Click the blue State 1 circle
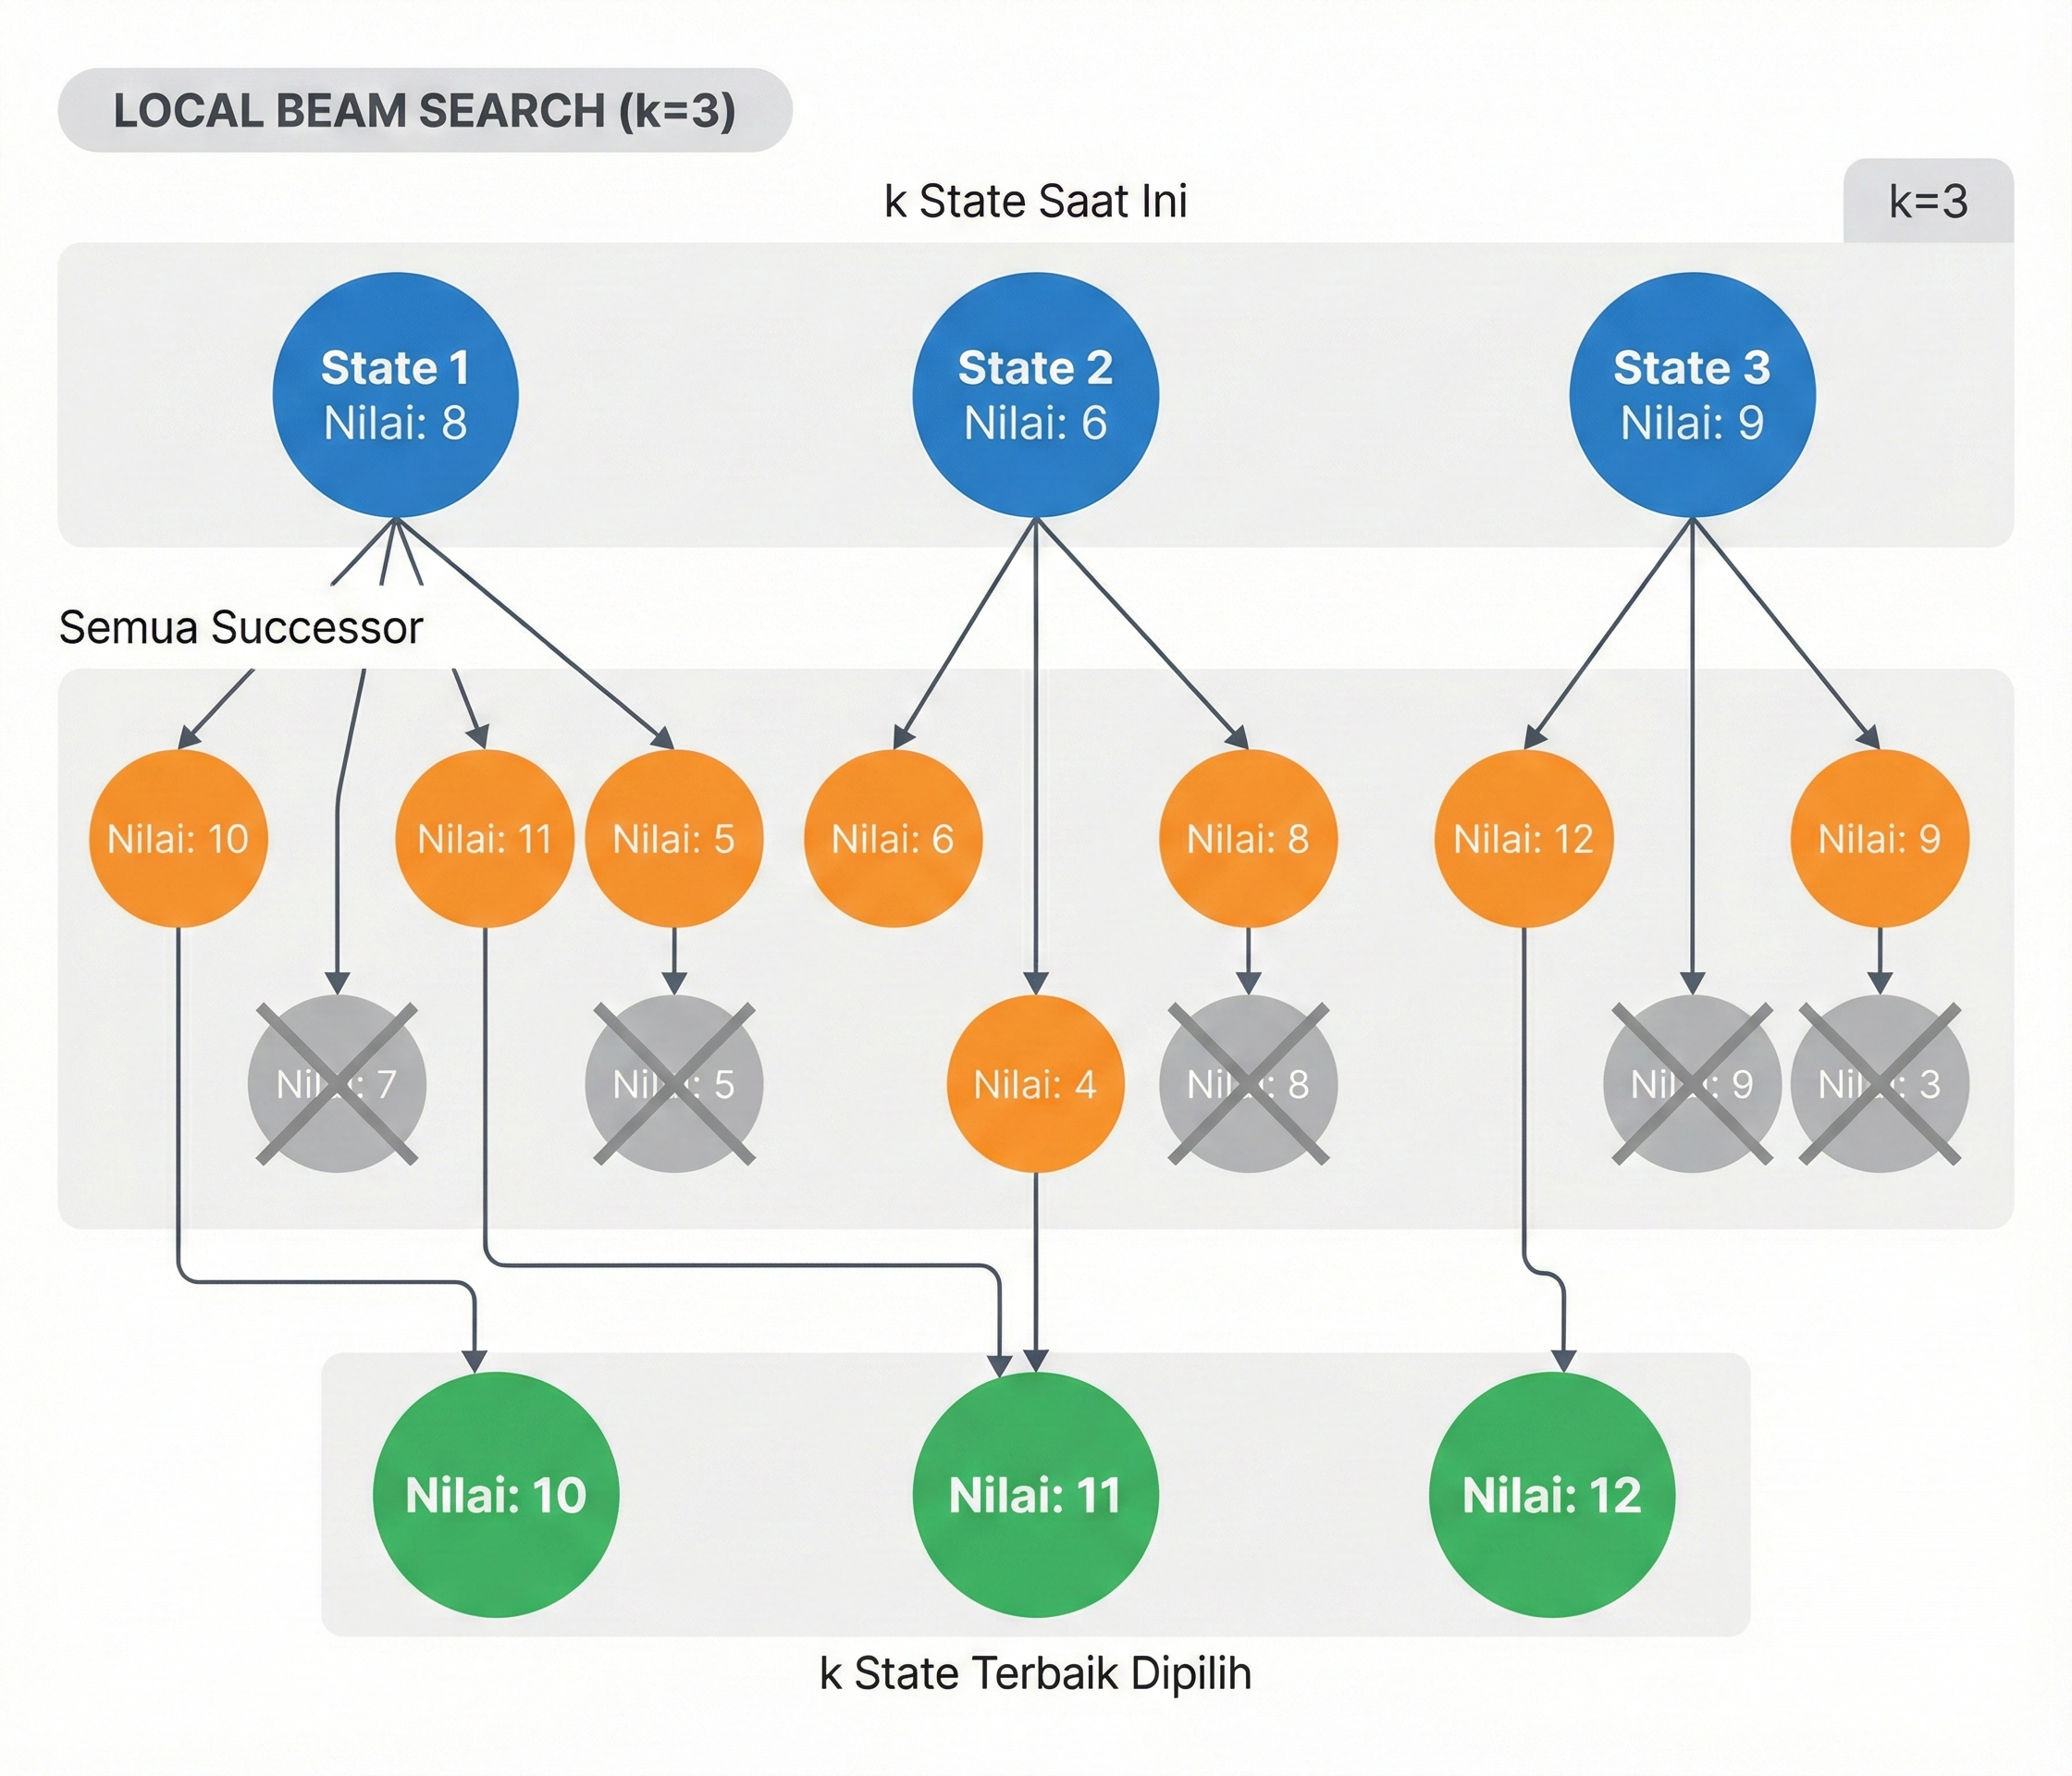pos(395,395)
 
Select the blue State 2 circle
pos(1035,395)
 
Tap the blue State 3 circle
pos(1692,395)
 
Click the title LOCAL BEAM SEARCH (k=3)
pos(425,110)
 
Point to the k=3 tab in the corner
pos(1928,201)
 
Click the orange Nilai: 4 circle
pos(1035,1084)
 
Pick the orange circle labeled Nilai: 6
pos(892,839)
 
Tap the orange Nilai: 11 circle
pos(485,839)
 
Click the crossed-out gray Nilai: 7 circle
pos(337,1084)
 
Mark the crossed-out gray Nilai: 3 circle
pos(1879,1084)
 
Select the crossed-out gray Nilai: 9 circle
pos(1692,1084)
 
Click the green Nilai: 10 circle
pos(495,1495)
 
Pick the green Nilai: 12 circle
pos(1551,1495)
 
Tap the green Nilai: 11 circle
pos(1035,1495)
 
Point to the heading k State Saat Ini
pos(1035,201)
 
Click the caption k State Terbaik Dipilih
pos(1035,1673)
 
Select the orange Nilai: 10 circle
pos(178,839)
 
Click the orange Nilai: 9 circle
pos(1879,839)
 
